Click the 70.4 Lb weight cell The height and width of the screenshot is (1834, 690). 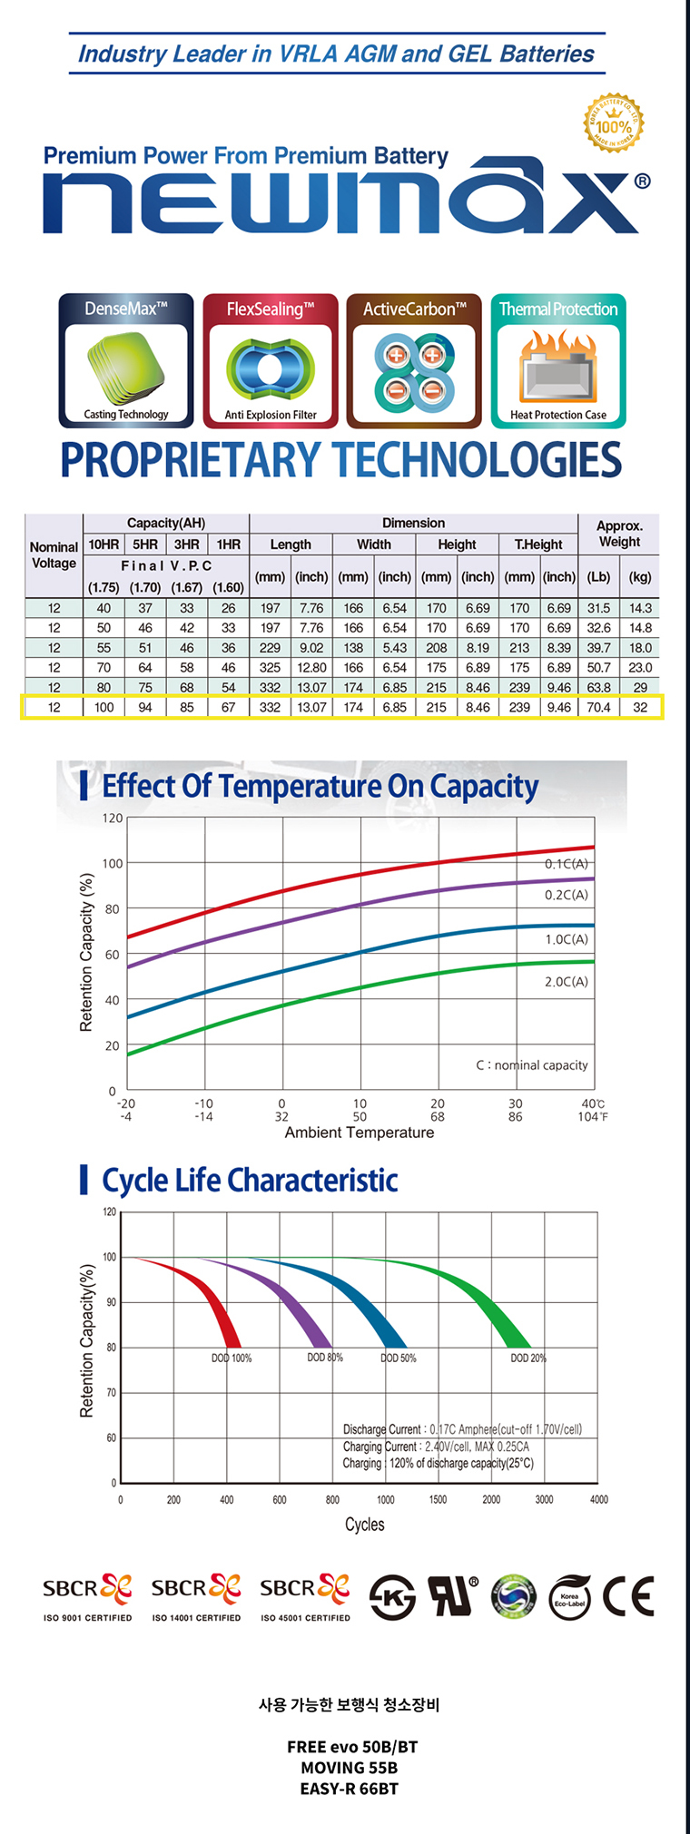pos(598,707)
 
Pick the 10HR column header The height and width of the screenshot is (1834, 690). pos(103,544)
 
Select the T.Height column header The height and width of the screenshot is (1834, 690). pos(538,544)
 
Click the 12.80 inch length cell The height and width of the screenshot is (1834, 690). pos(311,667)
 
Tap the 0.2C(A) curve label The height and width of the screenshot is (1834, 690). pos(566,895)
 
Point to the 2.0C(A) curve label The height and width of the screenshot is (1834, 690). pos(566,982)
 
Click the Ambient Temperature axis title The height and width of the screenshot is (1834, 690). pos(360,1133)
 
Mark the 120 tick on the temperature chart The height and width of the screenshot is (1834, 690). pos(113,818)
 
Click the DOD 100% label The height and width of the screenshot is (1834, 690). pos(232,1358)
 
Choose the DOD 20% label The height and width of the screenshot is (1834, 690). pos(528,1358)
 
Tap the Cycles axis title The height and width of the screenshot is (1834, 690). pos(364,1525)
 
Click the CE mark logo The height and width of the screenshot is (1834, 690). pos(628,1597)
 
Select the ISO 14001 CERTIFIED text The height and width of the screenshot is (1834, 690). pos(196,1618)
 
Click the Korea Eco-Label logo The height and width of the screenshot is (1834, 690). pos(569,1598)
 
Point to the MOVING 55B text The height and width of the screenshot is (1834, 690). pos(350,1768)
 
